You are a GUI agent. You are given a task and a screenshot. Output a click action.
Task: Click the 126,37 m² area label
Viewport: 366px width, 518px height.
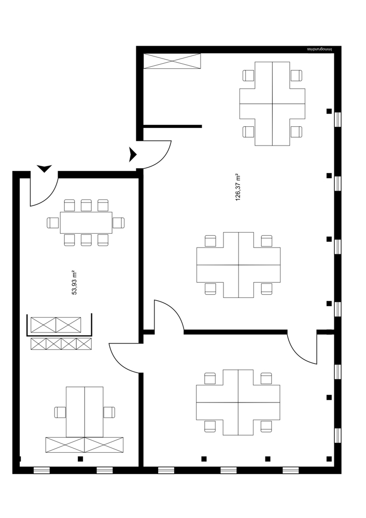click(238, 187)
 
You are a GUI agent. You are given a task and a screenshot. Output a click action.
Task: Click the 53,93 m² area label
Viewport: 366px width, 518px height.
click(74, 282)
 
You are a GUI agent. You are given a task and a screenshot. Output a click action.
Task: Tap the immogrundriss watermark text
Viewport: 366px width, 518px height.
click(322, 50)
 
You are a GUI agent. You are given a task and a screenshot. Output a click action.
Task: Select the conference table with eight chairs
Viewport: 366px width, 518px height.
click(86, 223)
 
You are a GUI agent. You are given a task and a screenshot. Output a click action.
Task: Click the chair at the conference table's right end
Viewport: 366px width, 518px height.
click(119, 223)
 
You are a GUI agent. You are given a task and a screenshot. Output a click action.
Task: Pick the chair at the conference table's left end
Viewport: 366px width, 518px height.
click(53, 223)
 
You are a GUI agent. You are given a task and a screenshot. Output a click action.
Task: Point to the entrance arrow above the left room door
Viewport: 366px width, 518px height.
click(45, 168)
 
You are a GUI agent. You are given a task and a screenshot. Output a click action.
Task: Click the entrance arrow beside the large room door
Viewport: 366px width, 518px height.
click(133, 154)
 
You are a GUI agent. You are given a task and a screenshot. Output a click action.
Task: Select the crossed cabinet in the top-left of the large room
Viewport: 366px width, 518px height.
click(172, 61)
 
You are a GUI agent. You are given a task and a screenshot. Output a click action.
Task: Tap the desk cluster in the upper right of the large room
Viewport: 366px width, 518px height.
click(272, 104)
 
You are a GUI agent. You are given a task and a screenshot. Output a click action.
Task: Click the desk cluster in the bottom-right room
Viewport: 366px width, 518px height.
click(238, 402)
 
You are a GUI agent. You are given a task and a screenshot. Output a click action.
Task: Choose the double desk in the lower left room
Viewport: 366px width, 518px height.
click(85, 412)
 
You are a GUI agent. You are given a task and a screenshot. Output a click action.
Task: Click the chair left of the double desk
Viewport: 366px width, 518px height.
click(60, 412)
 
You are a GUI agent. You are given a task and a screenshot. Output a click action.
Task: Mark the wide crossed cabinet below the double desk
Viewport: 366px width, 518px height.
click(85, 444)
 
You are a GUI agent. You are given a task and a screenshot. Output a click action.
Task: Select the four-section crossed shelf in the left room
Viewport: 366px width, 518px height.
click(61, 343)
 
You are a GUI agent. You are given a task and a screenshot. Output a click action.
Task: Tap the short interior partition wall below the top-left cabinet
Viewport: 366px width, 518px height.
click(172, 126)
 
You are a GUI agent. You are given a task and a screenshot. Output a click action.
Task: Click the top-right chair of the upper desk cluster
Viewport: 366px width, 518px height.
click(296, 76)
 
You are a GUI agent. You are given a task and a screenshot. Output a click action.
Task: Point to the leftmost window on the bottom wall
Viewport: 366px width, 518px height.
click(41, 470)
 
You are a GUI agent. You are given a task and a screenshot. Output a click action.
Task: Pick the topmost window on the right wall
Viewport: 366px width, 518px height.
click(338, 119)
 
